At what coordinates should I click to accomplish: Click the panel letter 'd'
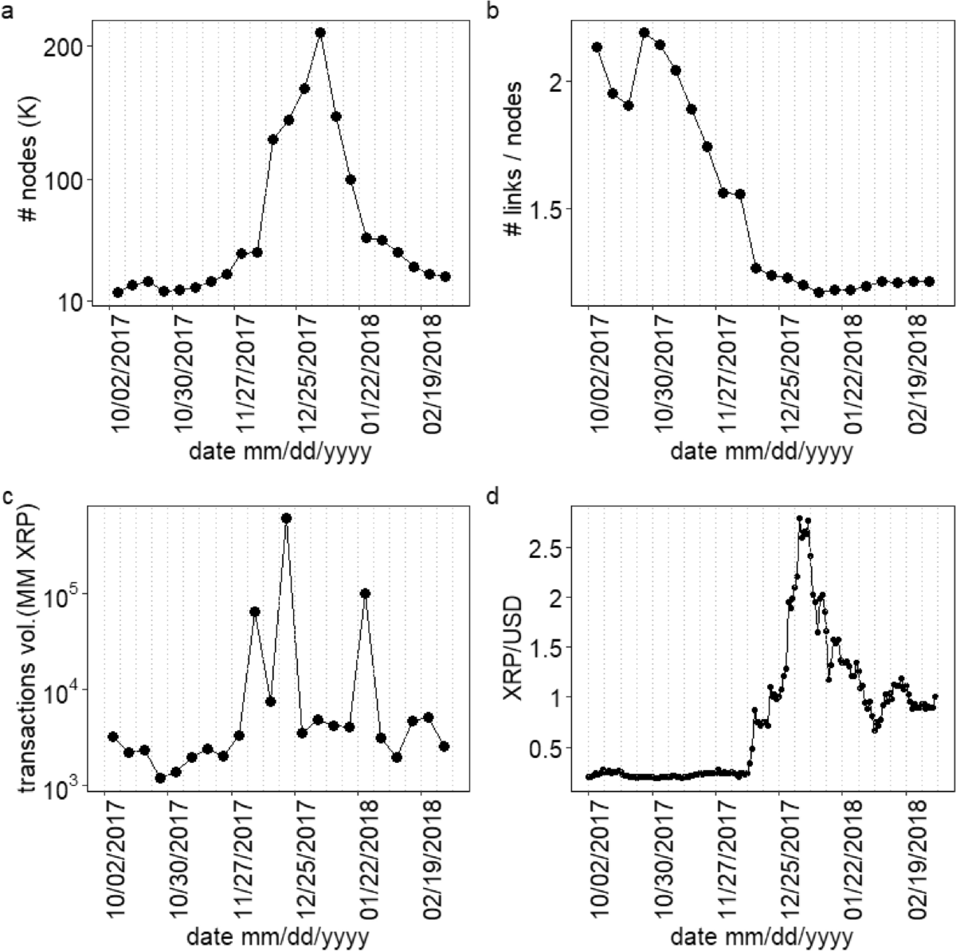pyautogui.click(x=493, y=497)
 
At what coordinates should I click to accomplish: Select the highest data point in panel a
pyautogui.click(x=320, y=33)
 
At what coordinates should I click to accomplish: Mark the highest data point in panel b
pyautogui.click(x=645, y=33)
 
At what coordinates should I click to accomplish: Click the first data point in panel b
pyautogui.click(x=597, y=47)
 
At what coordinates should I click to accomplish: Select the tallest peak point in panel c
pyautogui.click(x=287, y=518)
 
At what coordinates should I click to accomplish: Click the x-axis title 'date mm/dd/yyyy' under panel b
pyautogui.click(x=761, y=452)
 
